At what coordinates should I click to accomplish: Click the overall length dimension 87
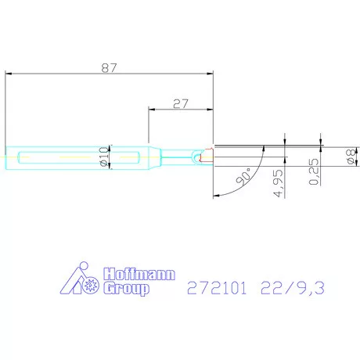pos(109,67)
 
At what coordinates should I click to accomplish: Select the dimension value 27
pos(181,103)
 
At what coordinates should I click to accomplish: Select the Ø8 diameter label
pos(349,157)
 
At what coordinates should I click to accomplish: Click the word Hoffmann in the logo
pos(140,275)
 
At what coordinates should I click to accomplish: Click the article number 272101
pos(216,289)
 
